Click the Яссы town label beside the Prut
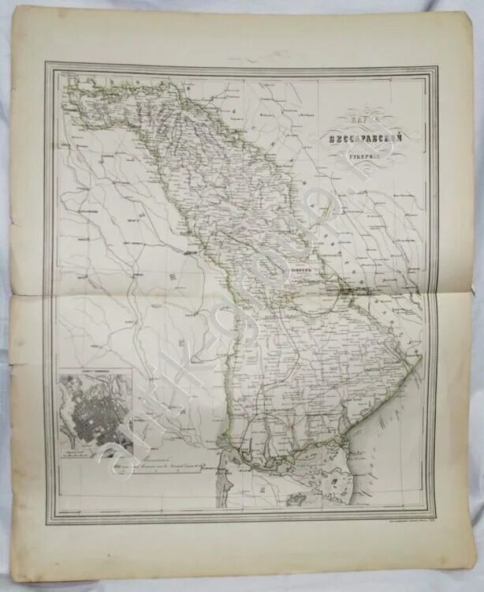[191, 254]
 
